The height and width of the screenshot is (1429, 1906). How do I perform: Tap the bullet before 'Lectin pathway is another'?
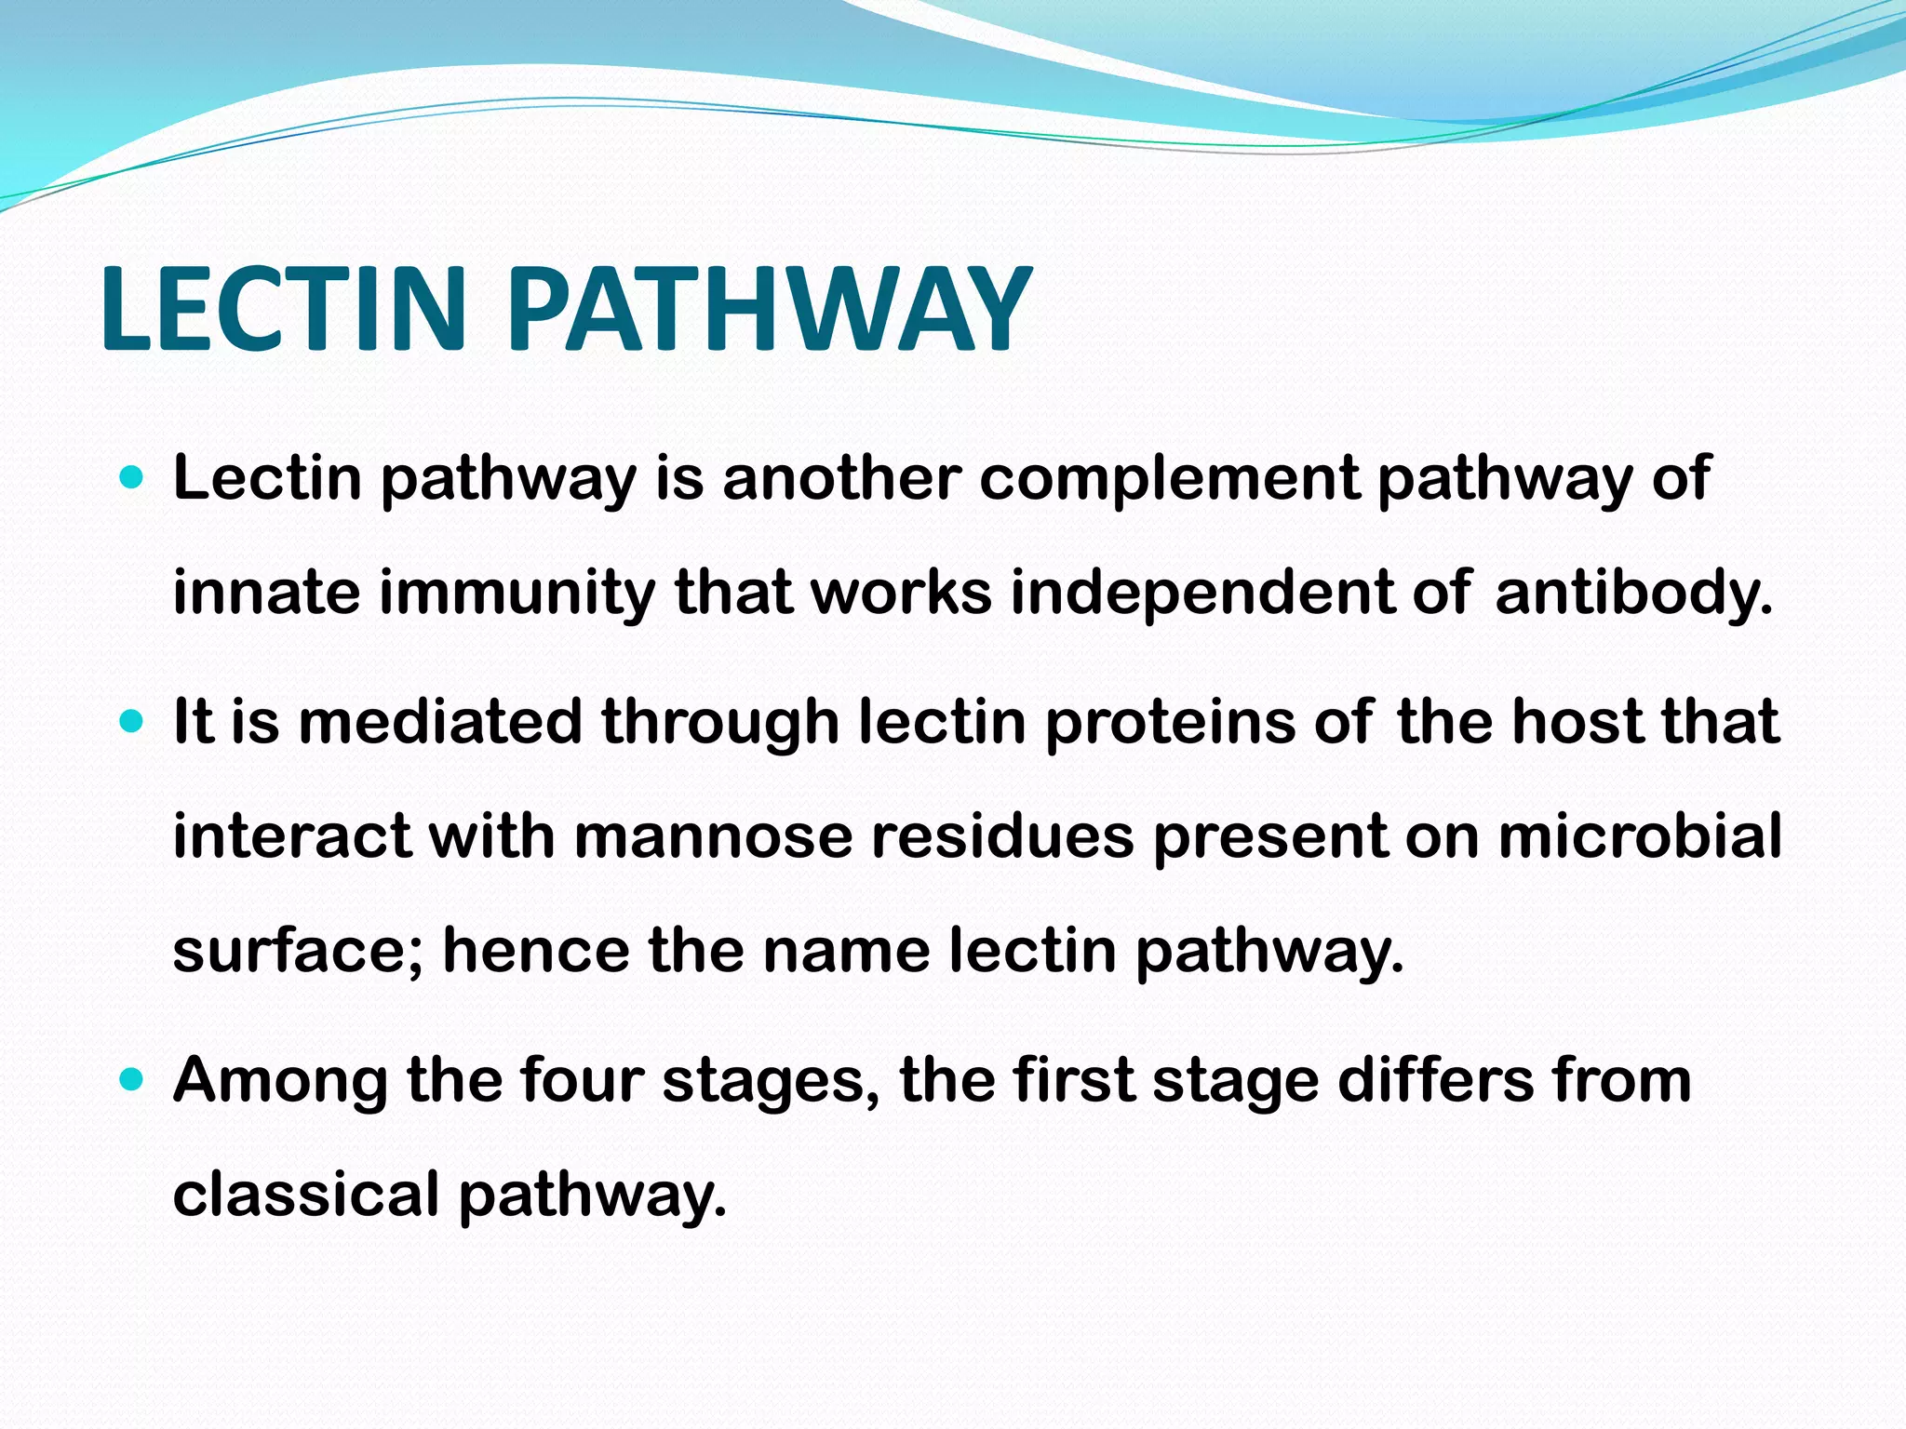tap(132, 480)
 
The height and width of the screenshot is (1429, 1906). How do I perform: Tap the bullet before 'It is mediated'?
tap(132, 722)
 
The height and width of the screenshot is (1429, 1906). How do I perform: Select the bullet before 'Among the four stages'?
tap(132, 1079)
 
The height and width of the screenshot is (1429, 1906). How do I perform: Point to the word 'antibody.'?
tap(1633, 594)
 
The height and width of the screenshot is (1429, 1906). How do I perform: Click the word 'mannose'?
tap(713, 836)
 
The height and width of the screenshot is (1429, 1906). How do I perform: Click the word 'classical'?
tap(305, 1195)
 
